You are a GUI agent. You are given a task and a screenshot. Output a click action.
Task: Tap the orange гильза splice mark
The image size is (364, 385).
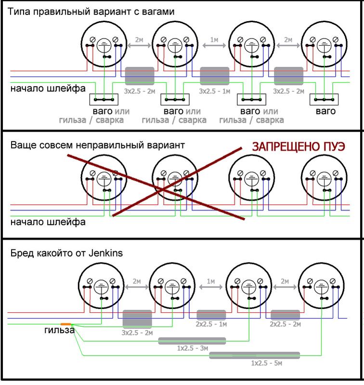tap(66, 324)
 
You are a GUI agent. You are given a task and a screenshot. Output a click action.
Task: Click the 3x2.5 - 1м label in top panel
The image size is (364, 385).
tap(214, 91)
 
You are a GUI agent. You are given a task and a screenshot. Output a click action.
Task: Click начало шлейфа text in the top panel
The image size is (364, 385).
tap(48, 89)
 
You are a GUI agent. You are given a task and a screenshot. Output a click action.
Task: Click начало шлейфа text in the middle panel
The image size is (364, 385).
tap(48, 222)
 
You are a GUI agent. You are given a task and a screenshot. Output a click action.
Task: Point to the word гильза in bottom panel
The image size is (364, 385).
tap(59, 331)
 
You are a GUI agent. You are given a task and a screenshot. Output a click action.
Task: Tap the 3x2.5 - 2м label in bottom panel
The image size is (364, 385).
tap(137, 333)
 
